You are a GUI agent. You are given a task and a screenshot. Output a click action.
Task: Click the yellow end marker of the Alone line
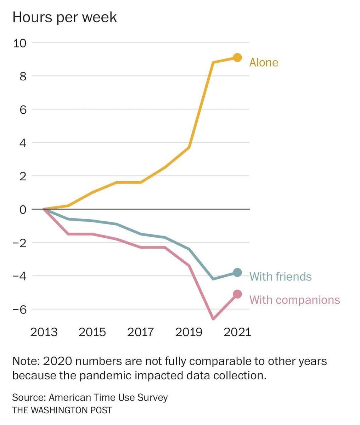pyautogui.click(x=237, y=57)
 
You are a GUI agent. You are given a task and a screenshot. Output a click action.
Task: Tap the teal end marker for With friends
pyautogui.click(x=237, y=272)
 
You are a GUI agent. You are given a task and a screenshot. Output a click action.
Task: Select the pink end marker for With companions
pyautogui.click(x=237, y=294)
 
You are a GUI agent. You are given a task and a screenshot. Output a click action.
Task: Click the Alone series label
pyautogui.click(x=264, y=63)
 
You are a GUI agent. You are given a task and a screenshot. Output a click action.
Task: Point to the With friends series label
pyautogui.click(x=280, y=276)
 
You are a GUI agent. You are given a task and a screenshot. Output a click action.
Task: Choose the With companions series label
pyautogui.click(x=294, y=300)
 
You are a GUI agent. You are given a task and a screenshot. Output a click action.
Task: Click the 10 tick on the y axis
pyautogui.click(x=20, y=43)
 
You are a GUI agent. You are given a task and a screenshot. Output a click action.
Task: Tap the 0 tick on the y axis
pyautogui.click(x=23, y=209)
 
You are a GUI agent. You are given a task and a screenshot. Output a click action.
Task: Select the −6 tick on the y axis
pyautogui.click(x=20, y=310)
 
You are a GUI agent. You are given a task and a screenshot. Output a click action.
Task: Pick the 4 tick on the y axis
pyautogui.click(x=23, y=143)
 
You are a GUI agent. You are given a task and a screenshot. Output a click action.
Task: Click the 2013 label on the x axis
pyautogui.click(x=44, y=332)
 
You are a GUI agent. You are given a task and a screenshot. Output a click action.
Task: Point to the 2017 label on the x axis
pyautogui.click(x=140, y=332)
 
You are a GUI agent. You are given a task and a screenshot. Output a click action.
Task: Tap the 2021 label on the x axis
pyautogui.click(x=237, y=332)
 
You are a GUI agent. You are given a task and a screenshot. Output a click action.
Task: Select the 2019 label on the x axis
pyautogui.click(x=189, y=332)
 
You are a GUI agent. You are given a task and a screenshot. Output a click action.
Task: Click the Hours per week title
pyautogui.click(x=64, y=17)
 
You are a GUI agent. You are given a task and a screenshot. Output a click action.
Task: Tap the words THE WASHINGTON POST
pyautogui.click(x=62, y=410)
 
